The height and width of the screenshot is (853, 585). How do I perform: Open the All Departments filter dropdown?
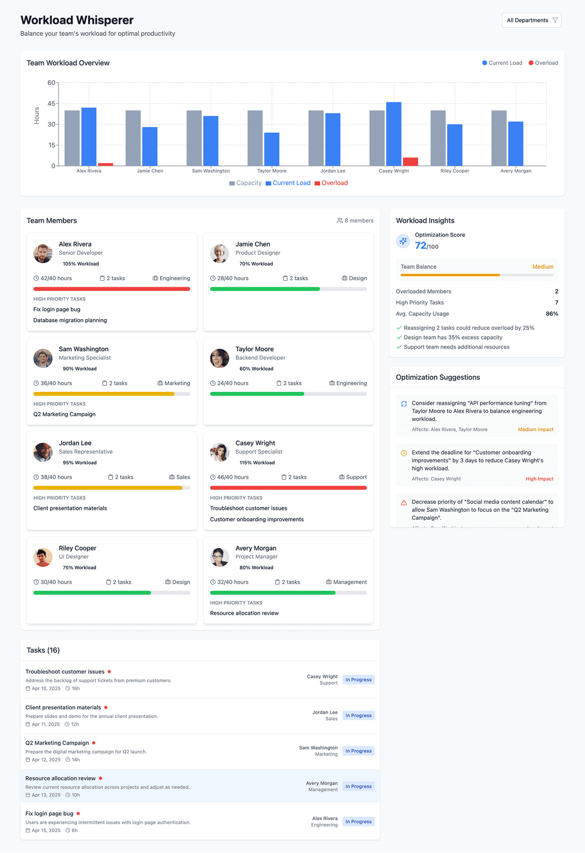[x=531, y=20]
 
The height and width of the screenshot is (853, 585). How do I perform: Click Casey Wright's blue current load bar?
[x=394, y=134]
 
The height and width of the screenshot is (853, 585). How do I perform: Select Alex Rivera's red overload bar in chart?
[x=106, y=164]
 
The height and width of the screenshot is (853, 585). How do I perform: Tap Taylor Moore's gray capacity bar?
[x=255, y=138]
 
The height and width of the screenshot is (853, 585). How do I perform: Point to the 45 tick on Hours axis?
[x=51, y=104]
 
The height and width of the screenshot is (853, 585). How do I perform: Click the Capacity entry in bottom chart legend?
[x=245, y=183]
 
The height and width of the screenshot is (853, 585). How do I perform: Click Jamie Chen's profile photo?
[x=219, y=253]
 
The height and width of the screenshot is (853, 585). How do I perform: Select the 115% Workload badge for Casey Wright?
[x=257, y=463]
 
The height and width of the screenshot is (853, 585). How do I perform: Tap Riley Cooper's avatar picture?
[x=43, y=557]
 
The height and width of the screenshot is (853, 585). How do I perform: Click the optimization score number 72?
[x=421, y=245]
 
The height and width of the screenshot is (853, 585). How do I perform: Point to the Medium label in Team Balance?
[x=542, y=267]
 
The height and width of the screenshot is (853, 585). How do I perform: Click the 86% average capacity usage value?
[x=551, y=314]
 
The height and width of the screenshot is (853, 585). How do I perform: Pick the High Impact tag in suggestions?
[x=539, y=479]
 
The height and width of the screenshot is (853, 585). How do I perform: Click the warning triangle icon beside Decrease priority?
[x=404, y=502]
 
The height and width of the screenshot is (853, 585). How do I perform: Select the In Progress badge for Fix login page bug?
[x=359, y=822]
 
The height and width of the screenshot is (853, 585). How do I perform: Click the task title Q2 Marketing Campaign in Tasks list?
[x=57, y=743]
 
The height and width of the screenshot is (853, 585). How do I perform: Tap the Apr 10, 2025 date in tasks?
[x=46, y=689]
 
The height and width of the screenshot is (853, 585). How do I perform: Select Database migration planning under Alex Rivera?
[x=70, y=320]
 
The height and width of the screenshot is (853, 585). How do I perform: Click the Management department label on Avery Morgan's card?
[x=349, y=582]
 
